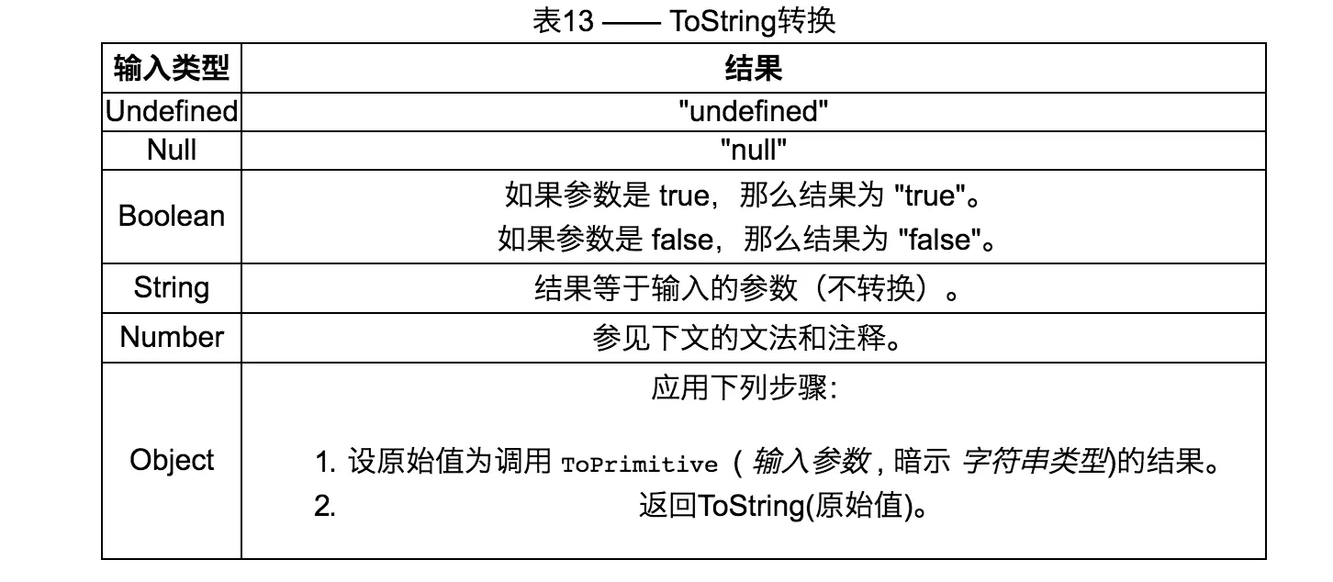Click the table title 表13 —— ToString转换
[x=684, y=20]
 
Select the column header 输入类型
[x=171, y=68]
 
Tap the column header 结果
[x=753, y=68]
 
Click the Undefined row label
[x=171, y=111]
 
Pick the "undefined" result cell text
[x=753, y=111]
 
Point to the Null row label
[x=171, y=150]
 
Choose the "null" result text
[x=753, y=150]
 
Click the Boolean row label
[x=171, y=217]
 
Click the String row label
[x=171, y=288]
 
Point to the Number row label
[x=171, y=337]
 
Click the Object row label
[x=171, y=460]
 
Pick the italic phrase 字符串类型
[x=1033, y=462]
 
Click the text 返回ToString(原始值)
[x=780, y=507]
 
